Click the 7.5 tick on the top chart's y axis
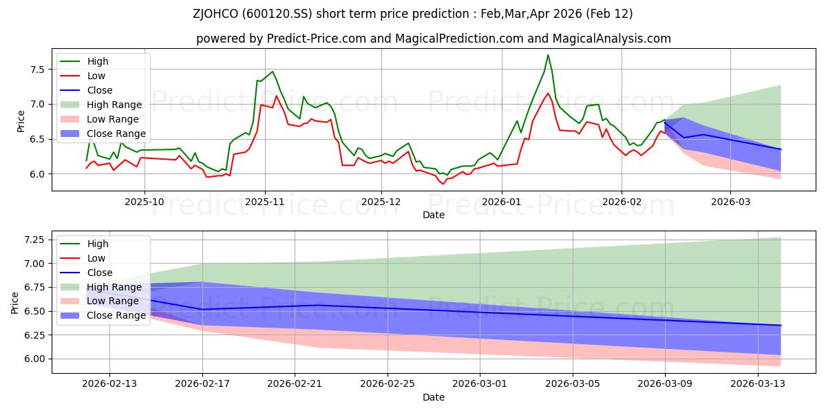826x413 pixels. (x=36, y=70)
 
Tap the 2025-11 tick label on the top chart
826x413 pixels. (x=265, y=202)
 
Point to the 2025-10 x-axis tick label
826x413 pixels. (x=145, y=202)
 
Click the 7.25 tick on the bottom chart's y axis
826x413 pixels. (x=33, y=240)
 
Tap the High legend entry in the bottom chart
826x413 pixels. (x=98, y=244)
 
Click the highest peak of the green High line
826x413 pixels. (x=548, y=55)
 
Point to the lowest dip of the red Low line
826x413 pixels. (x=443, y=184)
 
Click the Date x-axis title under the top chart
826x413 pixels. (x=434, y=215)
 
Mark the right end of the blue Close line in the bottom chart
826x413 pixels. (x=781, y=325)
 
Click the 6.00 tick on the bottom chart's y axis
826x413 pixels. (x=33, y=359)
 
